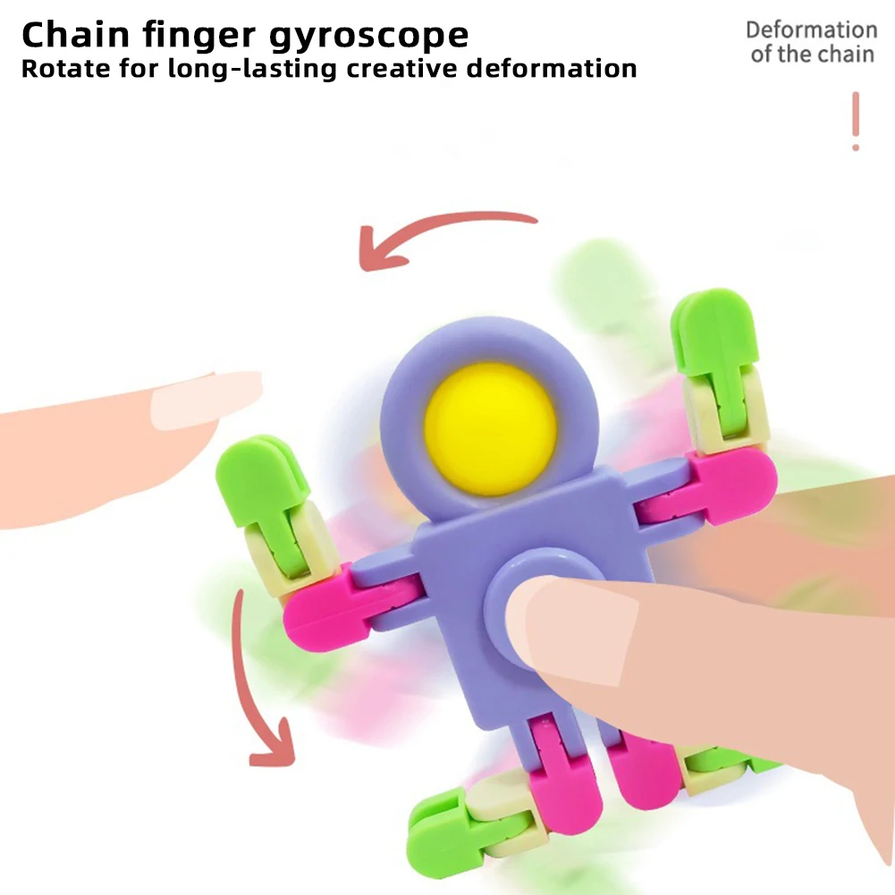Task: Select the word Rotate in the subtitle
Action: pyautogui.click(x=60, y=69)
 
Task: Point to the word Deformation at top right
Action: pyautogui.click(x=811, y=30)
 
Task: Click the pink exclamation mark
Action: pyautogui.click(x=856, y=121)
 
